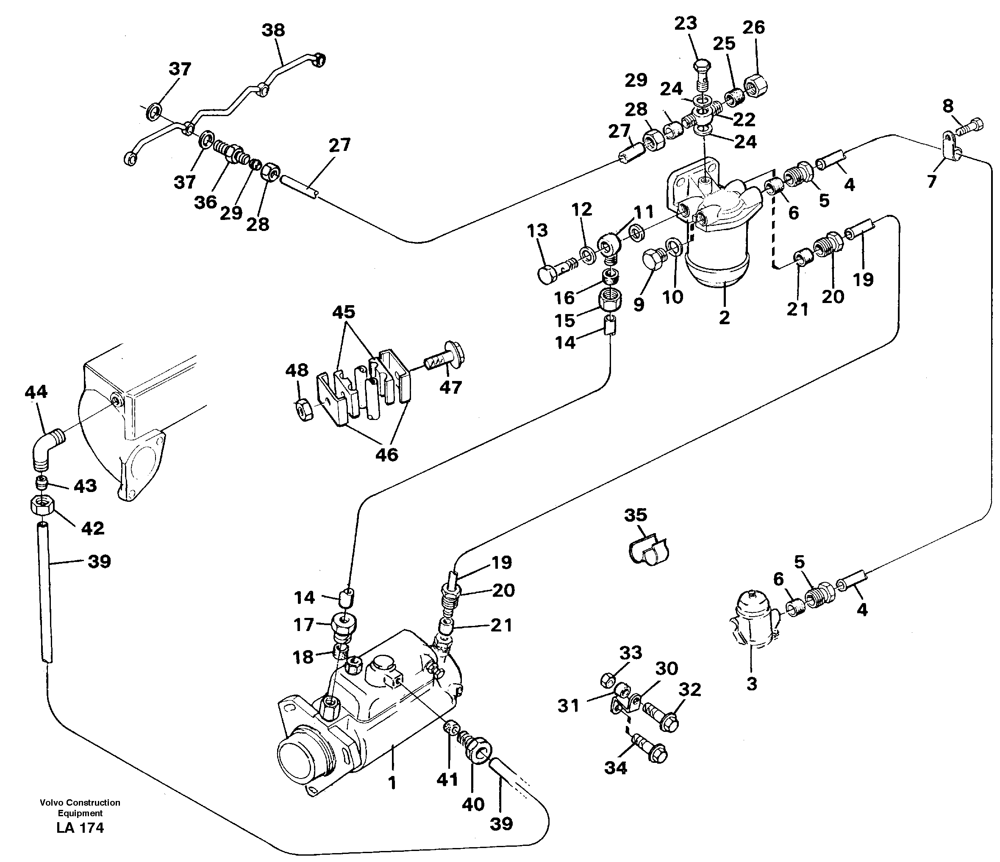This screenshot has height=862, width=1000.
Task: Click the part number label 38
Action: (x=273, y=30)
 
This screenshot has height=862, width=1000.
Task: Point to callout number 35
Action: (x=635, y=515)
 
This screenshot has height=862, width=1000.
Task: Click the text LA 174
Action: (x=80, y=828)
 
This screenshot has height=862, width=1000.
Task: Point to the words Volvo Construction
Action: (x=80, y=803)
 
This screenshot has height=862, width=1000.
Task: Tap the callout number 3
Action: (x=751, y=684)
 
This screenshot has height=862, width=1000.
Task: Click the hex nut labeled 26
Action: (x=756, y=86)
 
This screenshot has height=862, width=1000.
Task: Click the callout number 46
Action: (x=386, y=454)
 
